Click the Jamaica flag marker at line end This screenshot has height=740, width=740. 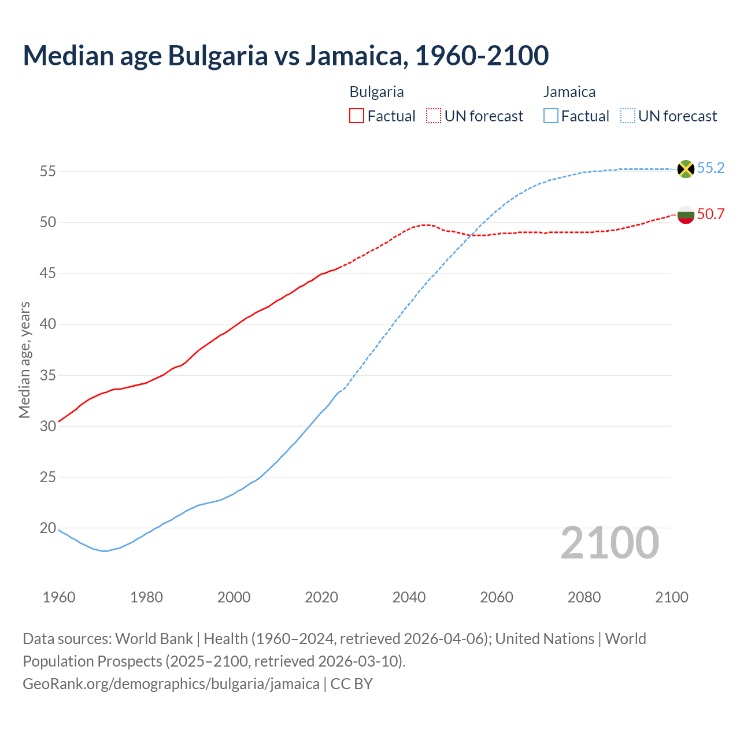tap(686, 169)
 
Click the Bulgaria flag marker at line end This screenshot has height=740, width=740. tap(686, 215)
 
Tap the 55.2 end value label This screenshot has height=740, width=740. tap(711, 168)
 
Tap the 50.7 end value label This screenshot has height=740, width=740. tap(711, 214)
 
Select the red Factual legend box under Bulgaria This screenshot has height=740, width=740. tap(357, 116)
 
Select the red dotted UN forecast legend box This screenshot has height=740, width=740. tap(434, 116)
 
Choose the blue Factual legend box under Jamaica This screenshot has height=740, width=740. tap(551, 116)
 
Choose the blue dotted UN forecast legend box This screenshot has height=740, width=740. tap(627, 116)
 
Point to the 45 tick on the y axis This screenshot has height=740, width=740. tap(48, 273)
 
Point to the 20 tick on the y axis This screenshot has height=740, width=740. tap(48, 528)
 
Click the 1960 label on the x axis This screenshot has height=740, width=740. tap(59, 597)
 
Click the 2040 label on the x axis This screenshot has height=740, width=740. tap(409, 597)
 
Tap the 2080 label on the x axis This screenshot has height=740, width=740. tap(584, 597)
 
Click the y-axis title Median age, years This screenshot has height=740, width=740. tap(24, 360)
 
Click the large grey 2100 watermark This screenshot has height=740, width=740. tap(610, 543)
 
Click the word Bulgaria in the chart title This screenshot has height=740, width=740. tap(218, 55)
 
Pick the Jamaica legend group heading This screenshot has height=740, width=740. tap(569, 92)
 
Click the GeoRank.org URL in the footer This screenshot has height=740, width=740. tap(171, 684)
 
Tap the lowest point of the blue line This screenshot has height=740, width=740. tap(104, 551)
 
